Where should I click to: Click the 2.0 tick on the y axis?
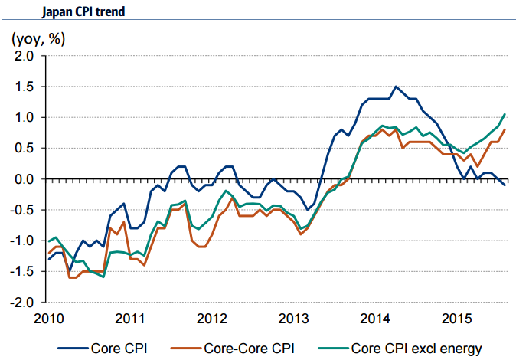tap(24, 56)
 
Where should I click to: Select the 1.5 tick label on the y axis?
tap(24, 87)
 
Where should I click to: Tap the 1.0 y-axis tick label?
tap(24, 117)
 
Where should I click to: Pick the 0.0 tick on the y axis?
tap(24, 179)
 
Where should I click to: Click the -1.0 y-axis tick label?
tap(22, 241)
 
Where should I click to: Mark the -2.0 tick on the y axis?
tap(22, 302)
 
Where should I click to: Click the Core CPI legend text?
tap(119, 349)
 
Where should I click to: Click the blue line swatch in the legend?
tap(65, 349)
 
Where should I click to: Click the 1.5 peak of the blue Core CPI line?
tap(396, 87)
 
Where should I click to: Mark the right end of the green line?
tap(505, 114)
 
